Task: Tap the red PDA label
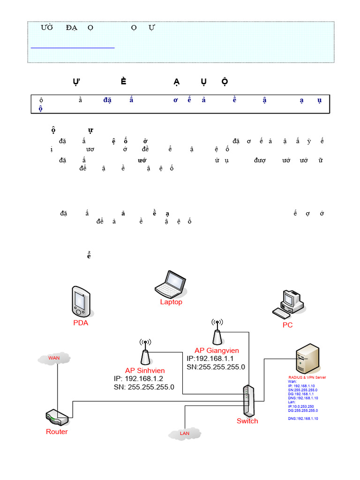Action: point(81,323)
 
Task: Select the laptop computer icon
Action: point(171,284)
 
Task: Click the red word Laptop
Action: point(171,302)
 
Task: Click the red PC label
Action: point(287,325)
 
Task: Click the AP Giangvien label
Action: point(217,350)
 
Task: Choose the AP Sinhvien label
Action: point(145,370)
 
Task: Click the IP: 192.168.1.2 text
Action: point(138,379)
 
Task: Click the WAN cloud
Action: point(54,359)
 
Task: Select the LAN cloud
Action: point(185,433)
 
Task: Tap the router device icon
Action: point(57,417)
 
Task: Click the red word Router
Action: point(57,432)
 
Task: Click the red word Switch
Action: point(247,421)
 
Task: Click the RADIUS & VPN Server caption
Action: point(307,377)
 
